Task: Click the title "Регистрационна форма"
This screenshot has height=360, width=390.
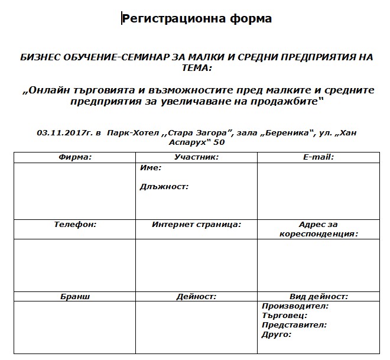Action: [197, 18]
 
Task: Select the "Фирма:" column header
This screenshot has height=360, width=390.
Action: [75, 157]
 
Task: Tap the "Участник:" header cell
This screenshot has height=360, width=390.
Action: [197, 157]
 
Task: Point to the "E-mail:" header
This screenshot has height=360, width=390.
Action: [318, 157]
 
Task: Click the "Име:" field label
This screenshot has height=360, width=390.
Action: [151, 168]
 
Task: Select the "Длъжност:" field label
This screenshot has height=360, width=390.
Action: [164, 186]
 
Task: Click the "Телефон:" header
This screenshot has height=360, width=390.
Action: [75, 225]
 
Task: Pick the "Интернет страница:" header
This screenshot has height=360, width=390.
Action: [197, 225]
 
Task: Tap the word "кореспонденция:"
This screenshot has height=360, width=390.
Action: [319, 233]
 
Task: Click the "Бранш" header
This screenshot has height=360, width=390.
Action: [75, 297]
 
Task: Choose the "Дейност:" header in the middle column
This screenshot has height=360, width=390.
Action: [197, 297]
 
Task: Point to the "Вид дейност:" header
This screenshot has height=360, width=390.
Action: [318, 297]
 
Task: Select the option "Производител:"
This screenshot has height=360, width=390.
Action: [295, 306]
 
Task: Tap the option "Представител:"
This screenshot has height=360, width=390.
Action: [294, 325]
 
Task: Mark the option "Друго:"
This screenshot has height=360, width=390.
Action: [277, 335]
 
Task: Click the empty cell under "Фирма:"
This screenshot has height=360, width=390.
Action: [75, 190]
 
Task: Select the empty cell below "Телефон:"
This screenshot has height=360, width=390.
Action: [75, 265]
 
